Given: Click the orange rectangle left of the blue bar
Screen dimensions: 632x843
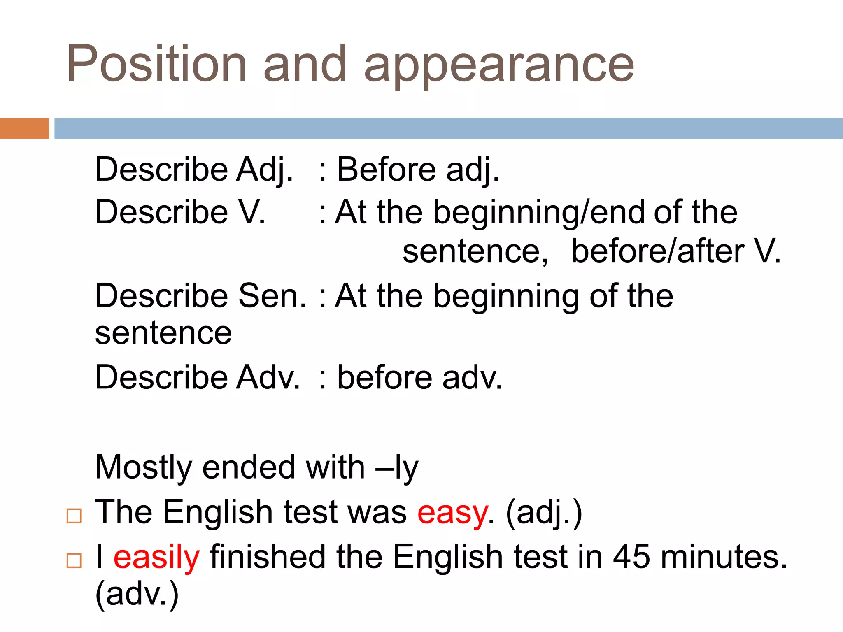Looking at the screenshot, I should [x=24, y=128].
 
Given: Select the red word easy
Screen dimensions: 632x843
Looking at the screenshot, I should [x=452, y=513].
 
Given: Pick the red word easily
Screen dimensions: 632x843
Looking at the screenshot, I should [x=156, y=558].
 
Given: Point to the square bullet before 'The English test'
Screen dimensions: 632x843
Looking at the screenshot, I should [x=74, y=516].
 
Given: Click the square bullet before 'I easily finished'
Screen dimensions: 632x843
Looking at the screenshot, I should [x=74, y=560].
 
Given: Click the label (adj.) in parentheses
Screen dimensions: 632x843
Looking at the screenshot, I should [x=544, y=513].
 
